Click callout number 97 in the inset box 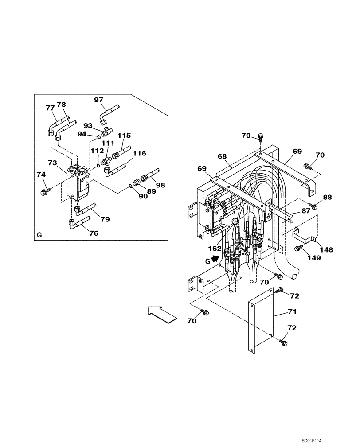pyautogui.click(x=98, y=100)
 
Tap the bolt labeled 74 pyautogui.click(x=44, y=192)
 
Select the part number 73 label pyautogui.click(x=53, y=163)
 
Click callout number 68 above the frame pyautogui.click(x=222, y=156)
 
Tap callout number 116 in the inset pyautogui.click(x=139, y=153)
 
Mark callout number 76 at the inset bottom pyautogui.click(x=93, y=233)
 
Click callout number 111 pyautogui.click(x=108, y=144)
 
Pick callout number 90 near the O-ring pyautogui.click(x=143, y=196)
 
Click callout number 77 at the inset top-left pyautogui.click(x=50, y=108)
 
